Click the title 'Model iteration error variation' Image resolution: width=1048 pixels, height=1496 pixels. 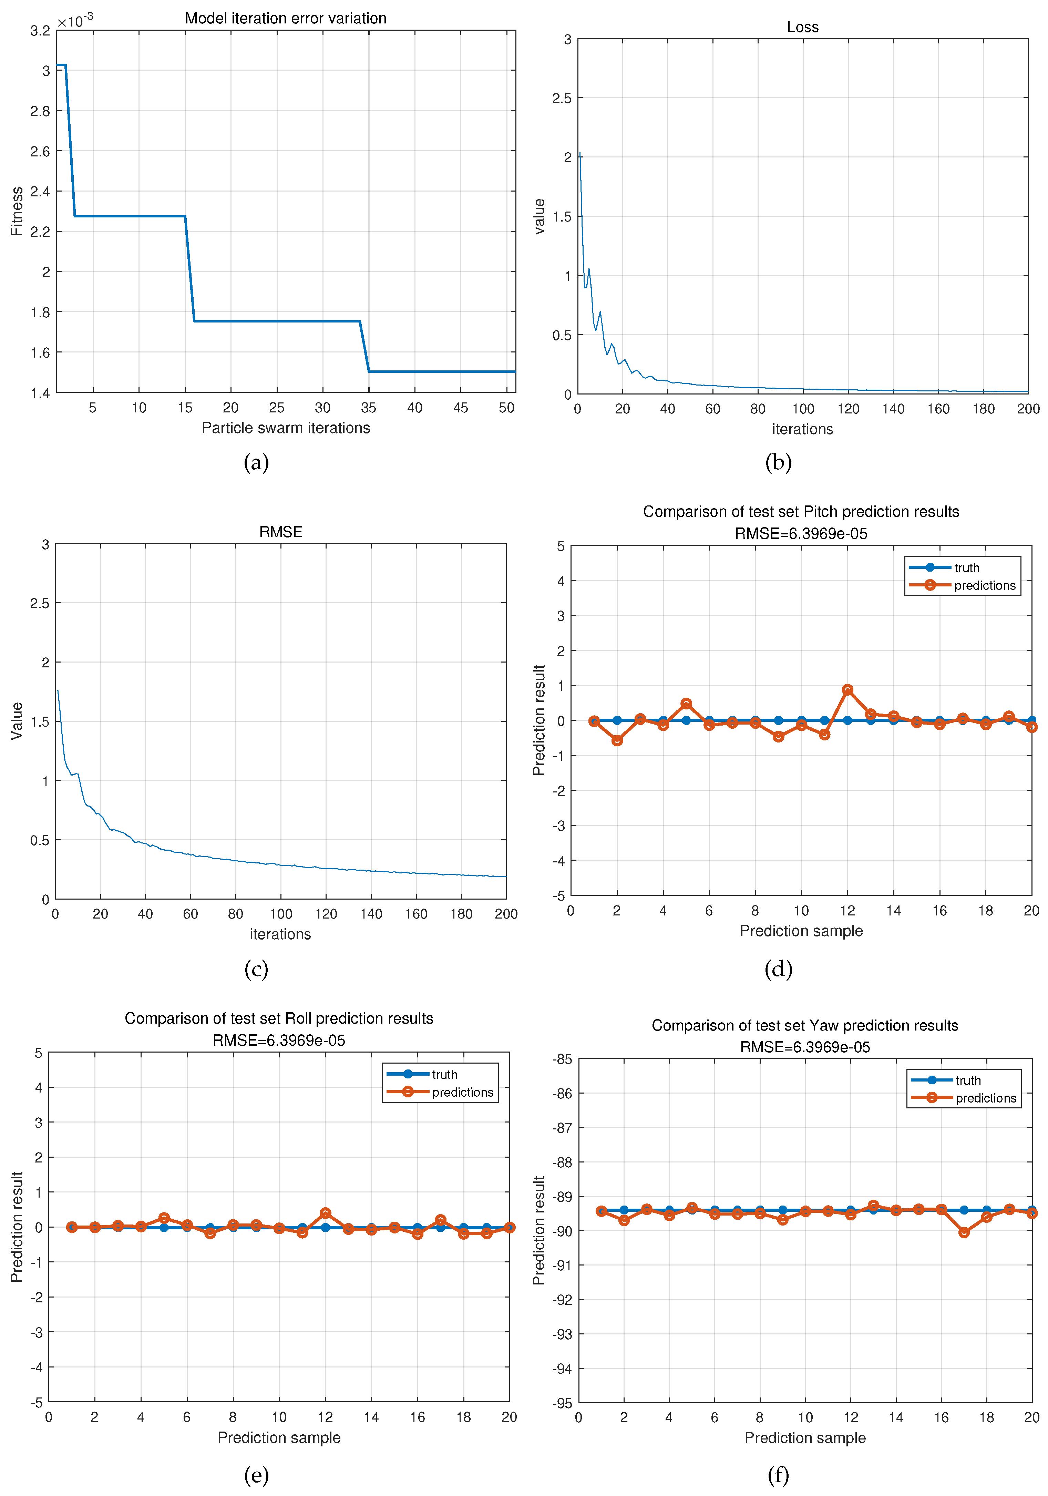tap(285, 18)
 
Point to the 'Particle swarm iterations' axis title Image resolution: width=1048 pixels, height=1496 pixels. tap(285, 428)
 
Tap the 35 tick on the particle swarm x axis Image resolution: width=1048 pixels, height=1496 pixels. tap(369, 408)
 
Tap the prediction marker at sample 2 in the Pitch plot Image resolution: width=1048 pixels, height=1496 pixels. tap(617, 740)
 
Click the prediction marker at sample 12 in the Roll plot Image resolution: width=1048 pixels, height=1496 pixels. tap(325, 1213)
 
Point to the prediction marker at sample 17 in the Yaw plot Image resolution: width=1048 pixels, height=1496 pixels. tap(964, 1232)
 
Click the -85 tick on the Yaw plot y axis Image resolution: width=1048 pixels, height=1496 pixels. tap(562, 1059)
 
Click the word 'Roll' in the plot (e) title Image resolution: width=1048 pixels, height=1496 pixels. tap(298, 1018)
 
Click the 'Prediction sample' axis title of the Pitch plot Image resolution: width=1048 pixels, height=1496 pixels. tap(801, 931)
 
